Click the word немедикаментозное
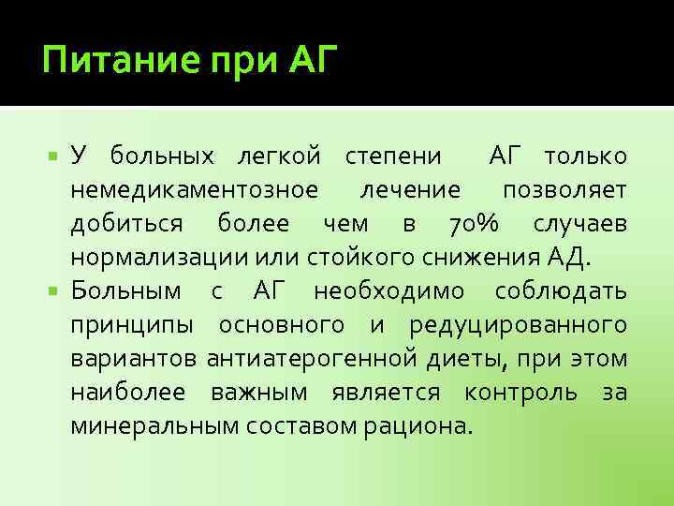194,189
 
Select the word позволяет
564,189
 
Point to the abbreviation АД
570,258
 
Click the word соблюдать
562,290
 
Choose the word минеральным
154,425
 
